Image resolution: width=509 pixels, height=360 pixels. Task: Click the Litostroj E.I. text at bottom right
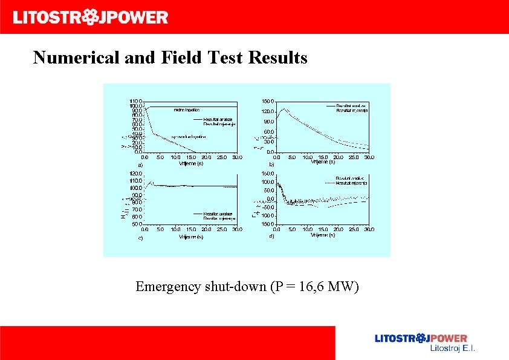452,349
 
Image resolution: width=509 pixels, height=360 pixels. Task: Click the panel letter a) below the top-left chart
140,164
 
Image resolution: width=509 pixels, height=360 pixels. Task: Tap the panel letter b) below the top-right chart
272,164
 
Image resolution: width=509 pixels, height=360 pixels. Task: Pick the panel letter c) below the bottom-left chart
140,238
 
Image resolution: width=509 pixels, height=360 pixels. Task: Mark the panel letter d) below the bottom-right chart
272,237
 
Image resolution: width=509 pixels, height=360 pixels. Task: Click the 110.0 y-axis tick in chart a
135,101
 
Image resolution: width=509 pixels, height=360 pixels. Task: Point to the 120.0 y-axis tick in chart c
135,174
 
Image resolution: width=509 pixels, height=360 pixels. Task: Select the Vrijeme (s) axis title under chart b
323,162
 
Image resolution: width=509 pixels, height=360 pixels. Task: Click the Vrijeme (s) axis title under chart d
323,235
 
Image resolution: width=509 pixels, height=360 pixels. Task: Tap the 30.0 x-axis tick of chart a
238,157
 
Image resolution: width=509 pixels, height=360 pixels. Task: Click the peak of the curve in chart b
285,109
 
